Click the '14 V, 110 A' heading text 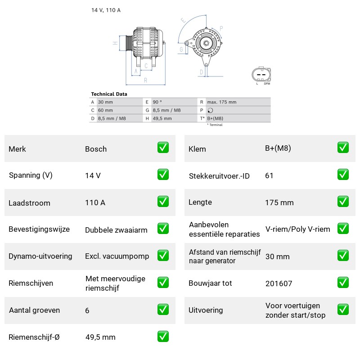point(106,10)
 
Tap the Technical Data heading point(109,94)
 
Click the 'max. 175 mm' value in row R point(221,102)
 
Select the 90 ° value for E point(157,102)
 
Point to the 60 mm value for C point(105,110)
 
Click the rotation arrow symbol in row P point(210,110)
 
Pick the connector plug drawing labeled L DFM point(261,74)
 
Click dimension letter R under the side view point(145,81)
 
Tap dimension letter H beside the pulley point(115,43)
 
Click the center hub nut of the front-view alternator point(206,43)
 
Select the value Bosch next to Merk point(96,149)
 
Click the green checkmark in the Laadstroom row point(163,201)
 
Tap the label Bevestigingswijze point(39,229)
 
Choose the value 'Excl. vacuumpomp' point(117,256)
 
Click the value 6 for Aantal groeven point(87,310)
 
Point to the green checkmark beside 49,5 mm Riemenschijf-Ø point(163,336)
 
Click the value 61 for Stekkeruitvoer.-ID point(269,175)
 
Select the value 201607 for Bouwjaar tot point(279,283)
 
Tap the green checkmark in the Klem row point(343,148)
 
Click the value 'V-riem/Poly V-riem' point(298,229)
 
